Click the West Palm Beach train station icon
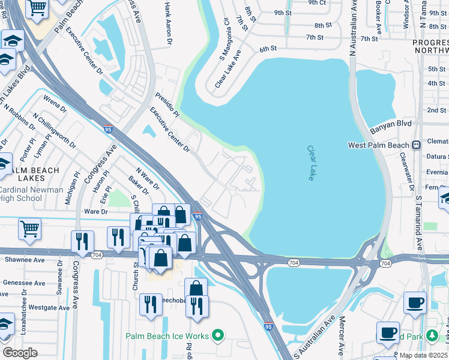point(415,145)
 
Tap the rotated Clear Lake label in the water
point(311,163)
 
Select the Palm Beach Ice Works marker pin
point(218,335)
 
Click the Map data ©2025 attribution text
point(423,355)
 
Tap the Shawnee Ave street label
point(25,260)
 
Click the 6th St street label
point(268,49)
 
